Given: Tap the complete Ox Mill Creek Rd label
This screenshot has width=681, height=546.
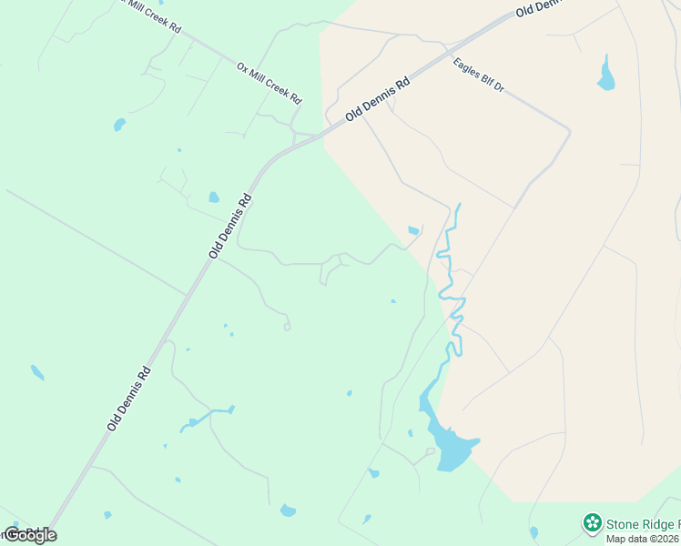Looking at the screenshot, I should tap(269, 83).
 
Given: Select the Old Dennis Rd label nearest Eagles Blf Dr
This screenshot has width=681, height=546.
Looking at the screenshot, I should tap(378, 100).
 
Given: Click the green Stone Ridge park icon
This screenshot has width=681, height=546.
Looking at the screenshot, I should tap(593, 523).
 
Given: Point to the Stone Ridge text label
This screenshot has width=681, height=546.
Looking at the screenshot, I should tap(643, 524).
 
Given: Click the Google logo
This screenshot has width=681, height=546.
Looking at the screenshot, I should tap(30, 535).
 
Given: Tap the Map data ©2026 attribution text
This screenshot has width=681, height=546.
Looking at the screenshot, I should tap(643, 539).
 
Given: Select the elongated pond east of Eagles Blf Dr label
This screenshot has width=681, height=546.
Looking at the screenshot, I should tap(606, 74).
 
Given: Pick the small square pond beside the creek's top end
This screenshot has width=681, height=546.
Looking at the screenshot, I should tap(413, 230).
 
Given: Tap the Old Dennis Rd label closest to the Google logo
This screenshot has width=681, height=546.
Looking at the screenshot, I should tap(127, 398).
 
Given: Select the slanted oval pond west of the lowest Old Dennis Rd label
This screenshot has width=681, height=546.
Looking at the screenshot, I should tap(37, 372).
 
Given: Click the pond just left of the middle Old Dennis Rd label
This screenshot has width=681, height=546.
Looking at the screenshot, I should tap(214, 197).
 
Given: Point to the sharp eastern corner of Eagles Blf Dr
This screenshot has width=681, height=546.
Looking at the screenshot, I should tap(570, 133).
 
